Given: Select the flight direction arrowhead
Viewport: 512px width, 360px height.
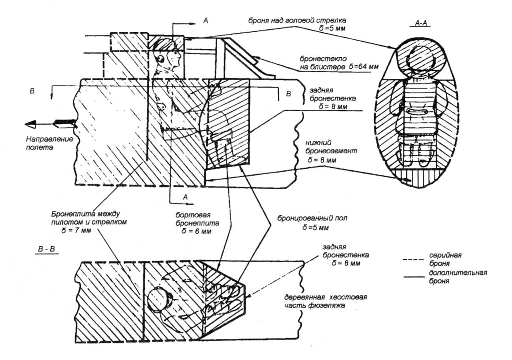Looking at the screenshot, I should coord(31,124).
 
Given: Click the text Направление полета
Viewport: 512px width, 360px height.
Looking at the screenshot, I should coord(43,143).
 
